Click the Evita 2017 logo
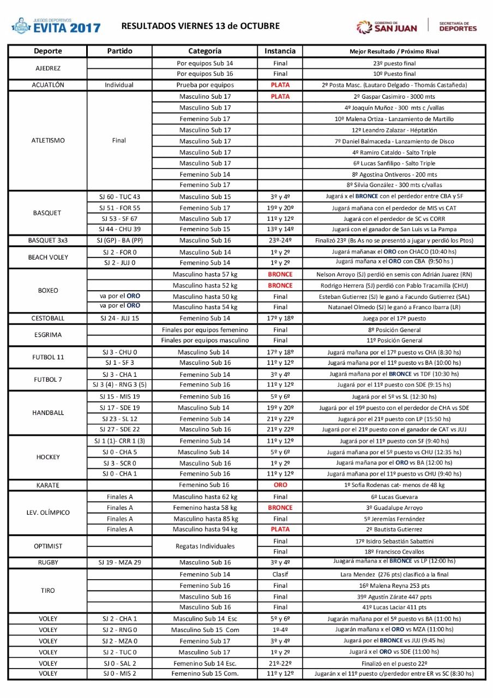pos(57,26)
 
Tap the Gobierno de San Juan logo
pos(387,26)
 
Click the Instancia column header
pos(280,51)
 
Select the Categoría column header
pos(205,51)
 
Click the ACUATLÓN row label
pos(47,85)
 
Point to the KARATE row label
pos(47,485)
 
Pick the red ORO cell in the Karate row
pos(280,485)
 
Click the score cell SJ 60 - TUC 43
pos(119,196)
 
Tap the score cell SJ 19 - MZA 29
pos(119,562)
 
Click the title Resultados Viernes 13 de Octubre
pos(200,26)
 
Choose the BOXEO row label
pos(47,291)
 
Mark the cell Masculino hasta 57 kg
pos(205,274)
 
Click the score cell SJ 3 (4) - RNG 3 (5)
pos(119,385)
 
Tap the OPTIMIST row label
pos(47,546)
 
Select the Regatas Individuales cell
pos(205,546)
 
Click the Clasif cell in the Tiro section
pos(280,574)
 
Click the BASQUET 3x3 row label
pos(47,240)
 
